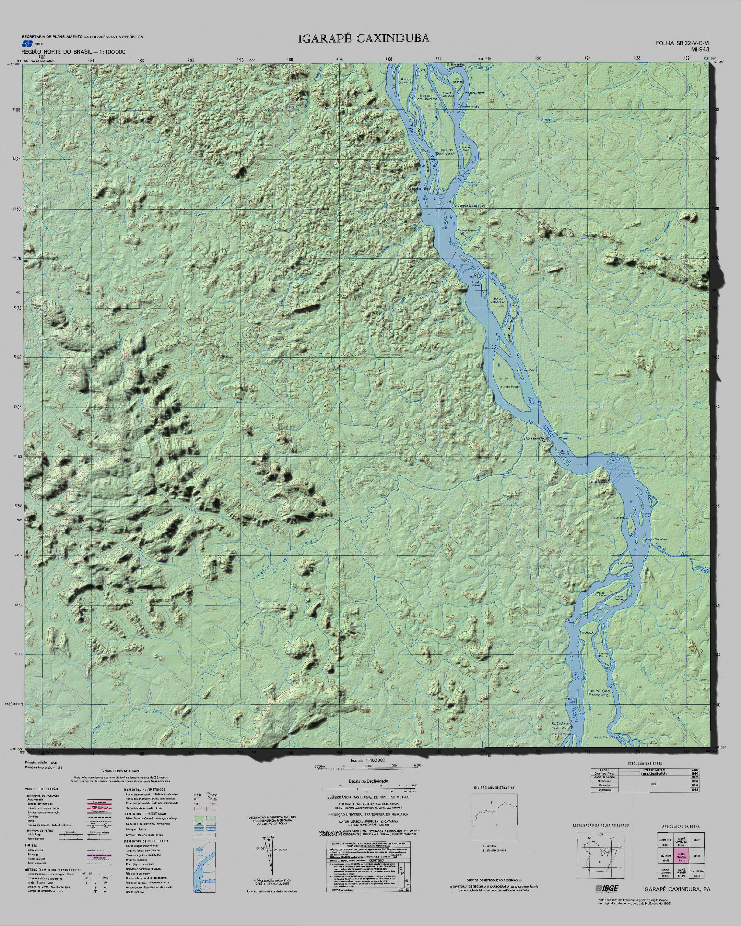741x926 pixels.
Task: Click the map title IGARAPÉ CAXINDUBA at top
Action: (363, 38)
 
